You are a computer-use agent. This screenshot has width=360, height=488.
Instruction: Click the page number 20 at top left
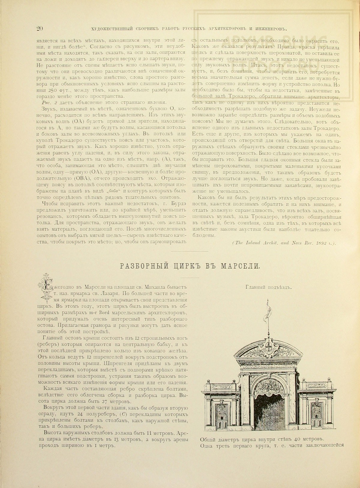point(40,29)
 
